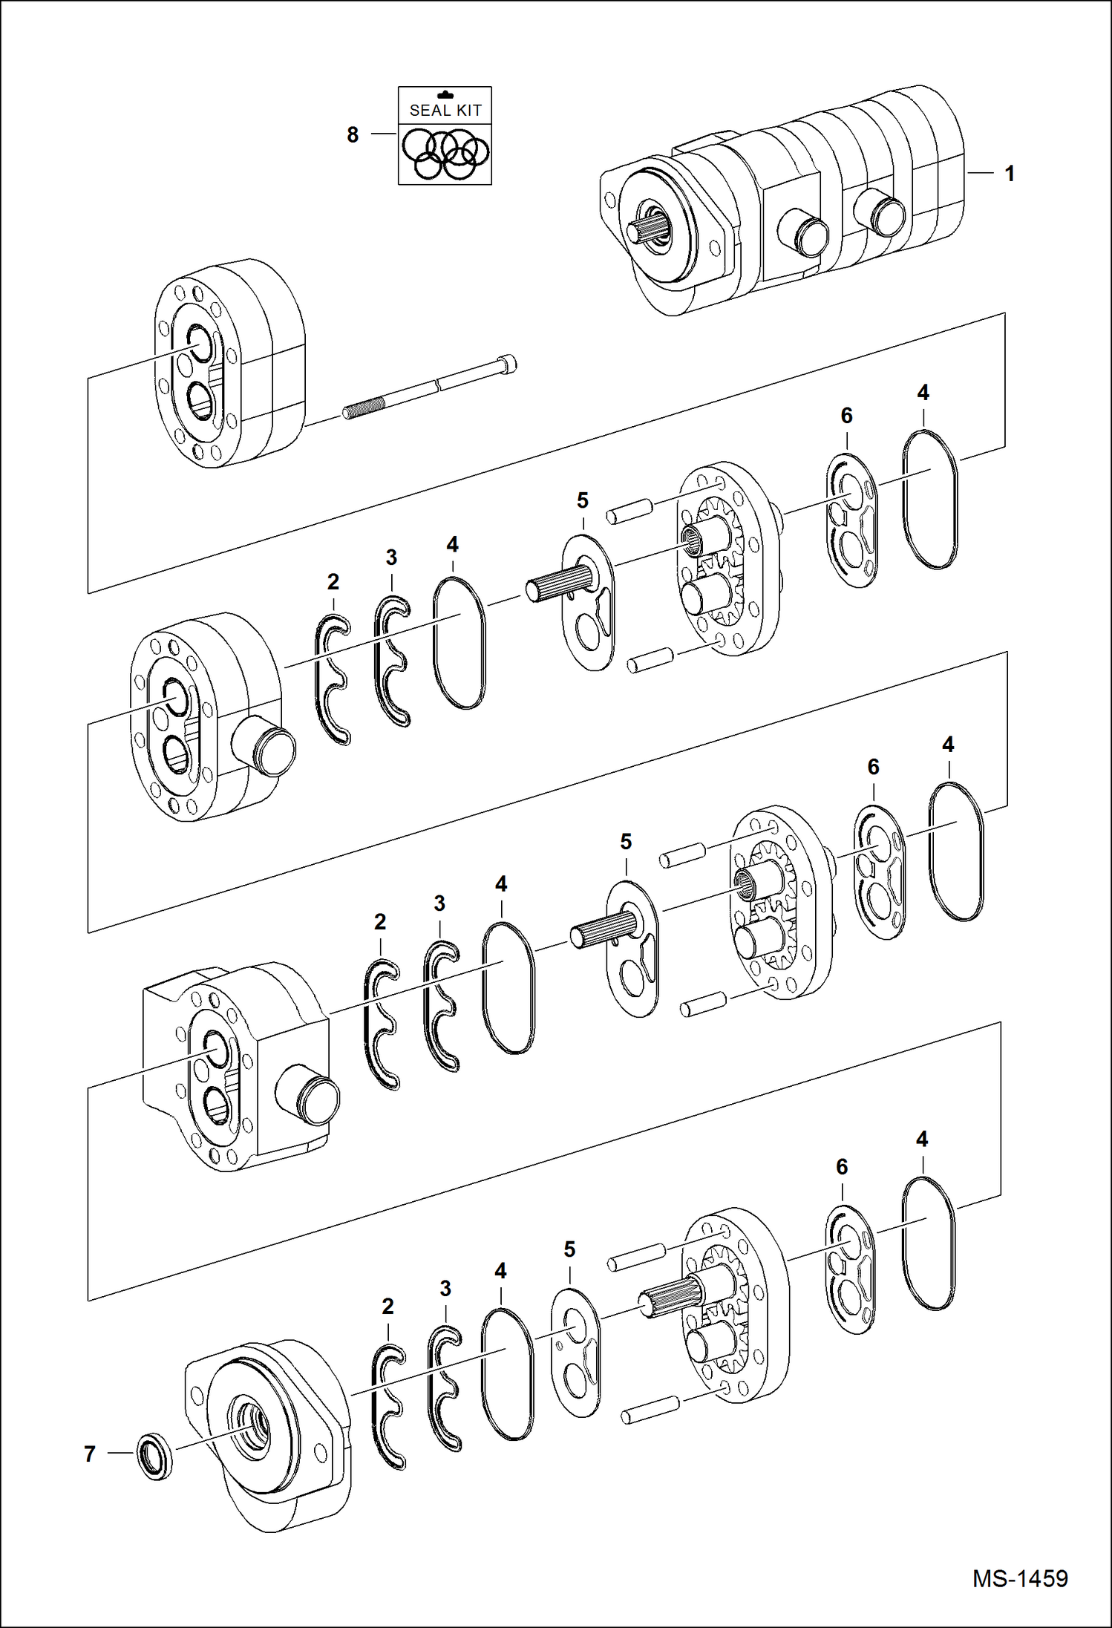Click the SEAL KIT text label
(x=445, y=110)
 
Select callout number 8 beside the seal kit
(x=353, y=135)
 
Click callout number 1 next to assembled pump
(x=1009, y=174)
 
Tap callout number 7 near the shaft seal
(x=90, y=1454)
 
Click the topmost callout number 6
(x=846, y=416)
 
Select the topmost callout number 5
(x=583, y=501)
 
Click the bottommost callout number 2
(x=387, y=1307)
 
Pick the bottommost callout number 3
(x=445, y=1289)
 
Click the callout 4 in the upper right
(x=923, y=393)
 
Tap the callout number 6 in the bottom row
(x=842, y=1167)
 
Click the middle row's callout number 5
(x=626, y=842)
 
